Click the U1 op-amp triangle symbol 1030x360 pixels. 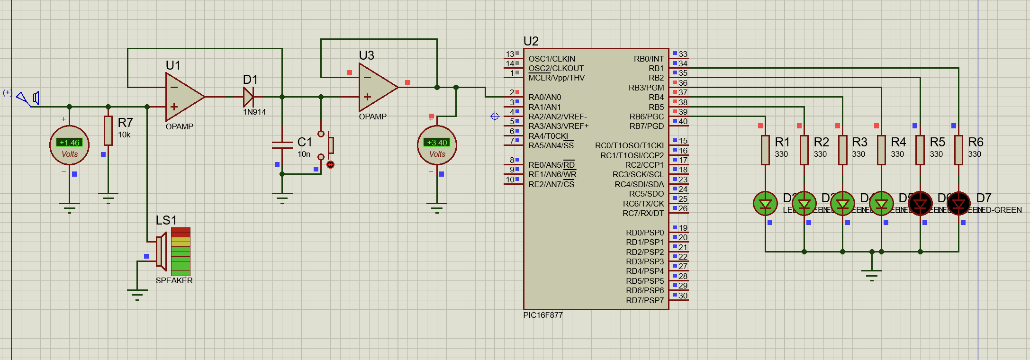182,97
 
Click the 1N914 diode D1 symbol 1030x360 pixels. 248,97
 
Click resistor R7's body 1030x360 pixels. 108,130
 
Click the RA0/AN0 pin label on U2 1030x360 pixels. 544,97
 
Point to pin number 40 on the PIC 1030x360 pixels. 683,121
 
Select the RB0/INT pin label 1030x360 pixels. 649,59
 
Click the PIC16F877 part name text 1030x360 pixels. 543,315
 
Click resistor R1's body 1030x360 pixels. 765,150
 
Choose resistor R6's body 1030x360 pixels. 958,150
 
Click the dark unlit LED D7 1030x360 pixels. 958,204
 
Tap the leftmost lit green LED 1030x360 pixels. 765,204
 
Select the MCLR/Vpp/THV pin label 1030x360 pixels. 556,78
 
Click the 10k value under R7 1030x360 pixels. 124,135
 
